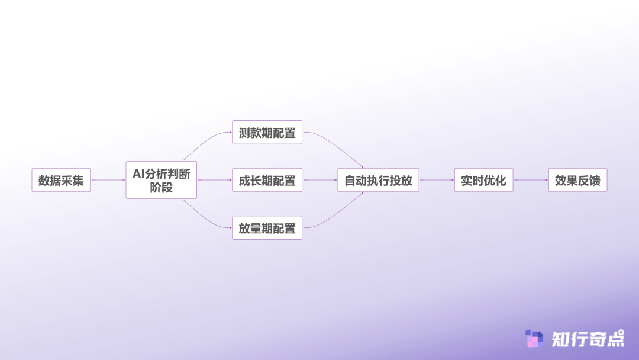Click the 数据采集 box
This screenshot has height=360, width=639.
[x=61, y=180]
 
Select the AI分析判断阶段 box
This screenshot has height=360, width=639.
[x=162, y=180]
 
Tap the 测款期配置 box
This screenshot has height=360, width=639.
[x=267, y=132]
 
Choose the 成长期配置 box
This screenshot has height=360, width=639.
[x=267, y=180]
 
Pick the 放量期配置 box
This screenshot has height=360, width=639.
[x=267, y=227]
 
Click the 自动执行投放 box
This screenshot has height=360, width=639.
[x=378, y=180]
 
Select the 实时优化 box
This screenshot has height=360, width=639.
[x=484, y=180]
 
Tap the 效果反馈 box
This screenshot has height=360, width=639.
[x=578, y=180]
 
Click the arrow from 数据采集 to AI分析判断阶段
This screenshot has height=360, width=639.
[x=108, y=180]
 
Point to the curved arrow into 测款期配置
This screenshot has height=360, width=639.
[x=206, y=142]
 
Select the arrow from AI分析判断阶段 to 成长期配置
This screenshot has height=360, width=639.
[x=214, y=180]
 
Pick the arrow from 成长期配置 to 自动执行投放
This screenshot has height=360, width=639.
[x=320, y=180]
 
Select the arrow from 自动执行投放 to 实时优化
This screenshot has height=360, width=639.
[x=437, y=180]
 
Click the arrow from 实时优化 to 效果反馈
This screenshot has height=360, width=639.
[x=531, y=180]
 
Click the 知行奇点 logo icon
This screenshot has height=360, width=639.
[x=534, y=339]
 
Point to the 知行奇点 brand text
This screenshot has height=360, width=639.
[x=588, y=339]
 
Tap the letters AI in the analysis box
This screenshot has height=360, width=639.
[x=138, y=174]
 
